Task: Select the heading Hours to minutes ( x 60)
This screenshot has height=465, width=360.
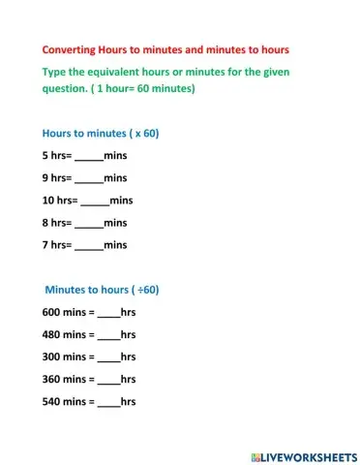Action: point(101,133)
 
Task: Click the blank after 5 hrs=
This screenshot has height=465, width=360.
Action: point(88,157)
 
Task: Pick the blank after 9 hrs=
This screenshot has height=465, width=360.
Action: point(88,179)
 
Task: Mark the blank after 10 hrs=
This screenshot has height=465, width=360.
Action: point(94,201)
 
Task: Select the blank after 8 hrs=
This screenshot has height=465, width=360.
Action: point(88,224)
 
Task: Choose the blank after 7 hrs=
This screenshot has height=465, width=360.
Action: point(88,246)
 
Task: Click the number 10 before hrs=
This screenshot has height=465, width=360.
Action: point(49,201)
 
